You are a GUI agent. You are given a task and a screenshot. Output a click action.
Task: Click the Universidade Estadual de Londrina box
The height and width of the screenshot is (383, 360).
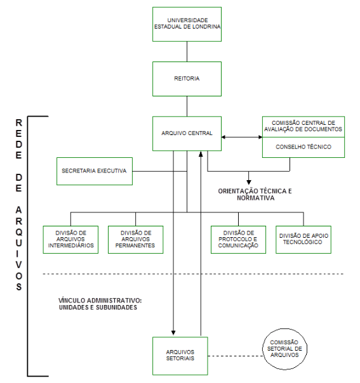pyautogui.click(x=187, y=24)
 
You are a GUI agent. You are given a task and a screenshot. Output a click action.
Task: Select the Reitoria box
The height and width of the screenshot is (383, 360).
pyautogui.click(x=187, y=79)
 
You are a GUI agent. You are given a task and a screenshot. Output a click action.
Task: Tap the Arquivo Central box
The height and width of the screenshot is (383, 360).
pyautogui.click(x=187, y=133)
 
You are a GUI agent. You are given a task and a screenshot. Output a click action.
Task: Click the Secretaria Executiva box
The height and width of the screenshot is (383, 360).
pyautogui.click(x=95, y=171)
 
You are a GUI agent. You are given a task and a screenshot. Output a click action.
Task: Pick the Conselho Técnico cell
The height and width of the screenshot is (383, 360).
pyautogui.click(x=303, y=147)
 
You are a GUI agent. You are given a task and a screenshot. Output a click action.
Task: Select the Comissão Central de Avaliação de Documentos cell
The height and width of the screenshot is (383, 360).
pyautogui.click(x=303, y=127)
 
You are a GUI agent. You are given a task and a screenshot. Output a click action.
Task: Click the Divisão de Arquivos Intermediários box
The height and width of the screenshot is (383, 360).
pyautogui.click(x=70, y=240)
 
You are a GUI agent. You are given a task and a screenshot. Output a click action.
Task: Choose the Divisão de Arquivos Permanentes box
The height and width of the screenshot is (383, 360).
pyautogui.click(x=135, y=240)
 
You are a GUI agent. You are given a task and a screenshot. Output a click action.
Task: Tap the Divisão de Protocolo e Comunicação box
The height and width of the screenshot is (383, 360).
pyautogui.click(x=238, y=240)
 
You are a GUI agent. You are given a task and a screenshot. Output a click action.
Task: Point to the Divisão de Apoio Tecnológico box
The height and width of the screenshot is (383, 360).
pyautogui.click(x=303, y=240)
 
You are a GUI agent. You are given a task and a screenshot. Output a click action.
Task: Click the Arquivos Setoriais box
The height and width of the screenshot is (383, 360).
pyautogui.click(x=180, y=356)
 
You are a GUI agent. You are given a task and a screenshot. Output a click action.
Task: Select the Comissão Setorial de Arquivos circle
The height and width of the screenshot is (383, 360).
pyautogui.click(x=284, y=349)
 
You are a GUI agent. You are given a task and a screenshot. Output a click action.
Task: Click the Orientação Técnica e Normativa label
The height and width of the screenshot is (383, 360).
pyautogui.click(x=255, y=195)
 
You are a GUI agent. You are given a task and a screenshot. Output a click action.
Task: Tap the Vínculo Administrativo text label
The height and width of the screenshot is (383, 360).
pyautogui.click(x=100, y=304)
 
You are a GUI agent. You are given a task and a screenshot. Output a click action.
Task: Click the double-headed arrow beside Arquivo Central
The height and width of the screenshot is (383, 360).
pyautogui.click(x=242, y=137)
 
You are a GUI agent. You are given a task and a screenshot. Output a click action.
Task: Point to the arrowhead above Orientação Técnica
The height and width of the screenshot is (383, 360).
pyautogui.click(x=249, y=182)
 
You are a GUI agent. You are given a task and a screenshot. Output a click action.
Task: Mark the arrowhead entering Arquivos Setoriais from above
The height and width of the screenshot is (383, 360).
pyautogui.click(x=173, y=333)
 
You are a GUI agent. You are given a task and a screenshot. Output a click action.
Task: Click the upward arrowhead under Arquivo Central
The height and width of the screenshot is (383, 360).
pyautogui.click(x=201, y=154)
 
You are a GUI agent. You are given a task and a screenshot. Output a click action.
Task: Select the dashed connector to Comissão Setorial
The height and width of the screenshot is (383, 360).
pyautogui.click(x=236, y=356)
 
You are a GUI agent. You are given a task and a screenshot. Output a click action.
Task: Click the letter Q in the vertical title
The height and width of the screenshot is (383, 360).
pyautogui.click(x=19, y=232)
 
